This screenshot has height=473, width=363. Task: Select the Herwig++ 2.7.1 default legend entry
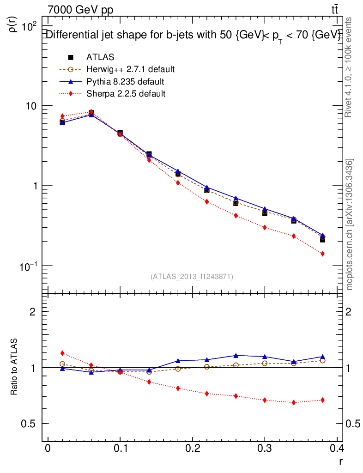pyautogui.click(x=130, y=70)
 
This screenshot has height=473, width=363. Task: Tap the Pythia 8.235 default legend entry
pyautogui.click(x=125, y=82)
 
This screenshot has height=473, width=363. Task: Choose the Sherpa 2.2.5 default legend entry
pyautogui.click(x=126, y=94)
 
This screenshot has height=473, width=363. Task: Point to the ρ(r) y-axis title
pyautogui.click(x=14, y=23)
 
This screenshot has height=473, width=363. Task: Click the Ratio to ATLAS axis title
pyautogui.click(x=14, y=367)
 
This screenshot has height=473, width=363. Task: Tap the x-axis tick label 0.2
pyautogui.click(x=192, y=449)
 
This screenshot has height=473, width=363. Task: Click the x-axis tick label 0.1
pyautogui.click(x=120, y=449)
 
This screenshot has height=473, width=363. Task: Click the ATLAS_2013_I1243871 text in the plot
pyautogui.click(x=192, y=277)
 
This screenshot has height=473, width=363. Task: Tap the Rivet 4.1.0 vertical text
pyautogui.click(x=350, y=67)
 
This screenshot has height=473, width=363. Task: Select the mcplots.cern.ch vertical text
pyautogui.click(x=350, y=224)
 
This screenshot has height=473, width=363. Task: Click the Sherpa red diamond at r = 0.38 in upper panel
pyautogui.click(x=322, y=254)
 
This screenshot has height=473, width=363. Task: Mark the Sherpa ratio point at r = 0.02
pyautogui.click(x=62, y=353)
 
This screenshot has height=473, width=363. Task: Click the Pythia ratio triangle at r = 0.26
pyautogui.click(x=236, y=355)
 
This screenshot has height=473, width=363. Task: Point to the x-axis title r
pyautogui.click(x=340, y=461)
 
